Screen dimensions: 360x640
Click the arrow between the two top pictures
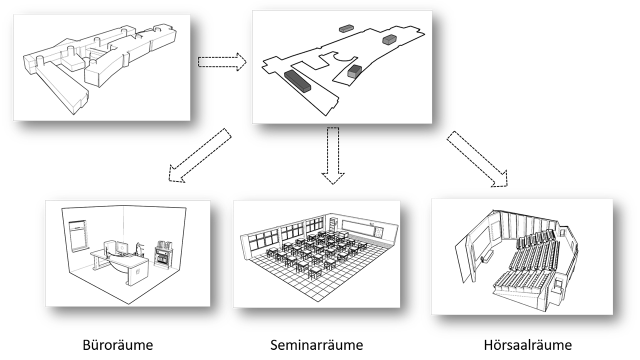(x=222, y=62)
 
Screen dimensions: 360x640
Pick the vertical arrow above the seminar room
(x=333, y=155)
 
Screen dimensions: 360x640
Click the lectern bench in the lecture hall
(x=483, y=259)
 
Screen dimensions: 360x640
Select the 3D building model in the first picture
(x=100, y=67)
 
